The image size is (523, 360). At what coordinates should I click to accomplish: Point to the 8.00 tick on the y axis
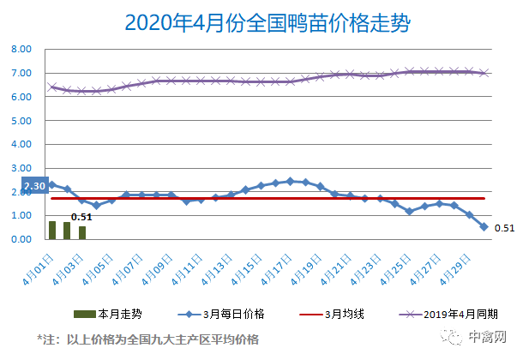tap(21, 50)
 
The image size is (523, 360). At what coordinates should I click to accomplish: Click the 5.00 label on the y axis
tap(21, 121)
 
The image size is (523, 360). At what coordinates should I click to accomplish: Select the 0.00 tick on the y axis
tap(21, 239)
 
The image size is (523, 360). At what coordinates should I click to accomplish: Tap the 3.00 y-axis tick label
tap(21, 168)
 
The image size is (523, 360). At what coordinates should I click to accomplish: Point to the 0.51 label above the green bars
tap(81, 217)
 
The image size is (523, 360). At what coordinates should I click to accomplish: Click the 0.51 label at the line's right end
tap(504, 228)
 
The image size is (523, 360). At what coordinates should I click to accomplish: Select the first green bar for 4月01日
tap(52, 230)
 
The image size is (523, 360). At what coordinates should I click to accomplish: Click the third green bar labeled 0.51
tap(82, 232)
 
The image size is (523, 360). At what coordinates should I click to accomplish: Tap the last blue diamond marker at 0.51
tap(484, 227)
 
